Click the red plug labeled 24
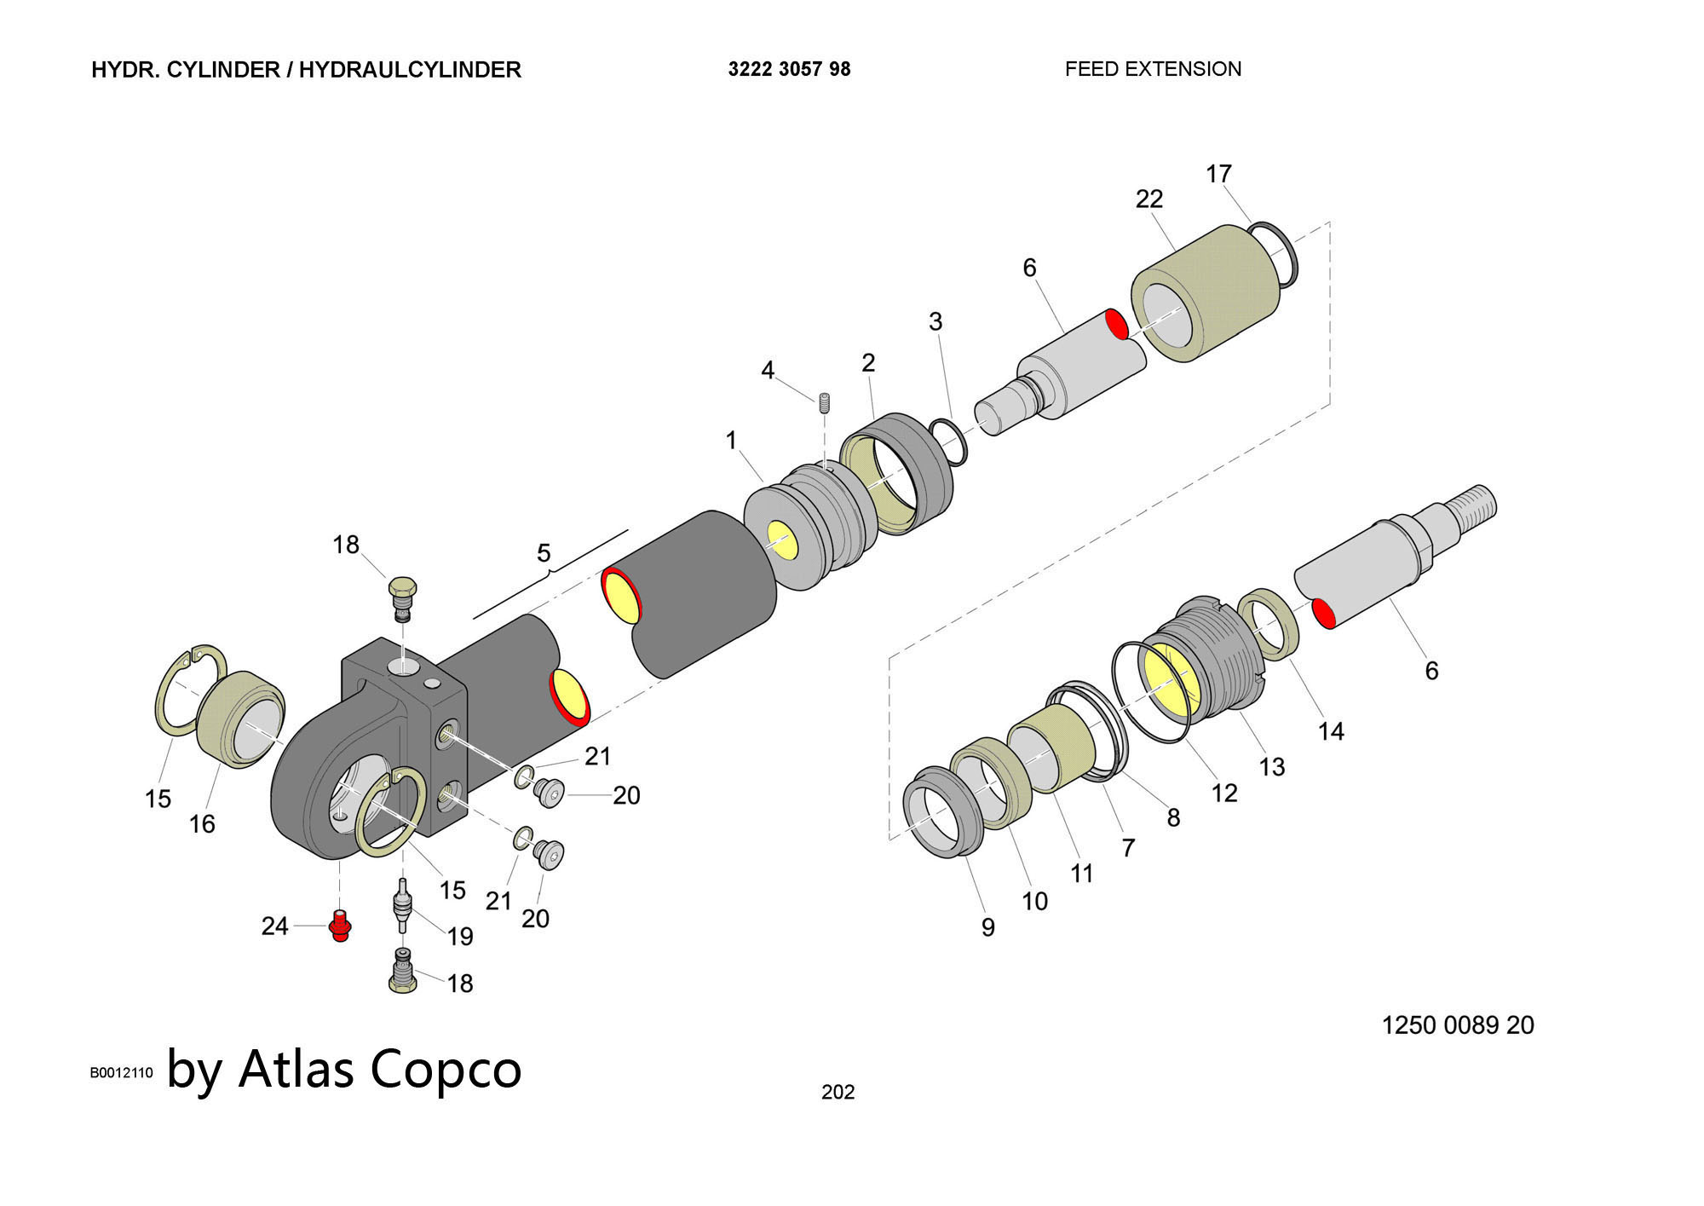[340, 926]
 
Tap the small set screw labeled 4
[825, 402]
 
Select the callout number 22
[1148, 199]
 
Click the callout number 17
[1218, 174]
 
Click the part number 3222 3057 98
[789, 70]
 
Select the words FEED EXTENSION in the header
[1153, 69]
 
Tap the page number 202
[838, 1092]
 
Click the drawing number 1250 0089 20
[1457, 1024]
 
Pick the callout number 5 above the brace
[544, 553]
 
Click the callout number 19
[460, 937]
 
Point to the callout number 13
[1271, 767]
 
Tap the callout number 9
[987, 927]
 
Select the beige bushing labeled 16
[241, 719]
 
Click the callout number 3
[935, 322]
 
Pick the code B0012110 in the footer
[121, 1073]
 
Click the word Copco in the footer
[446, 1069]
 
